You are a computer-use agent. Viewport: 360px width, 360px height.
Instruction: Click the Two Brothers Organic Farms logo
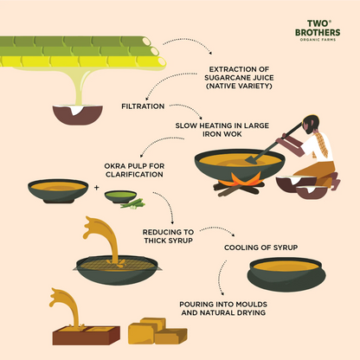pyautogui.click(x=312, y=29)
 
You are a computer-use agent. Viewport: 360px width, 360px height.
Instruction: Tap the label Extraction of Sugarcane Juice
pyautogui.click(x=240, y=78)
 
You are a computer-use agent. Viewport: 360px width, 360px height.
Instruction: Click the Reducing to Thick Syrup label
pyautogui.click(x=168, y=237)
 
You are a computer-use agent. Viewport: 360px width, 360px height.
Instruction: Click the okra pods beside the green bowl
pyautogui.click(x=135, y=203)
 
